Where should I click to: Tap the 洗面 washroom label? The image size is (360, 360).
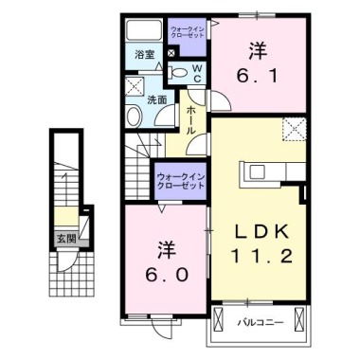coord(155,99)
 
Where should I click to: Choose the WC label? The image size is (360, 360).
coord(196,73)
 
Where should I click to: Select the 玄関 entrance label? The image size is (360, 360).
coord(65,239)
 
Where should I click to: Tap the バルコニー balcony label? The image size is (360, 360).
coord(255,324)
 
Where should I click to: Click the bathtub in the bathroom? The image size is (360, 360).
coord(144,29)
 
